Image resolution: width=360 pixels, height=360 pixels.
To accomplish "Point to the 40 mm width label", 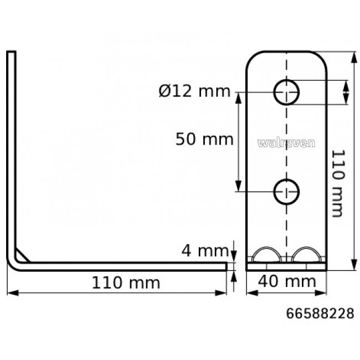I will pyautogui.click(x=286, y=282).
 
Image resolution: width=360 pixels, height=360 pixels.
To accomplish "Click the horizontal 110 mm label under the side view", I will pyautogui.click(x=126, y=283).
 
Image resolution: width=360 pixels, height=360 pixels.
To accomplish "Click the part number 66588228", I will pyautogui.click(x=320, y=314).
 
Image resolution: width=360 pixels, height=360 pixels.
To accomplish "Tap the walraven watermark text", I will pyautogui.click(x=286, y=142).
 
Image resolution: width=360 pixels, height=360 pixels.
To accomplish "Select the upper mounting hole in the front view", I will pyautogui.click(x=286, y=91).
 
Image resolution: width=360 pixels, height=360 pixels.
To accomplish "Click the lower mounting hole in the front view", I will pyautogui.click(x=286, y=192).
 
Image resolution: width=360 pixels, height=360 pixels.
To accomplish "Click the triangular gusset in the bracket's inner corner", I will pyautogui.click(x=23, y=255).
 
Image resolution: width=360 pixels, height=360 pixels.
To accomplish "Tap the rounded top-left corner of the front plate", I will pyautogui.click(x=251, y=57).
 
